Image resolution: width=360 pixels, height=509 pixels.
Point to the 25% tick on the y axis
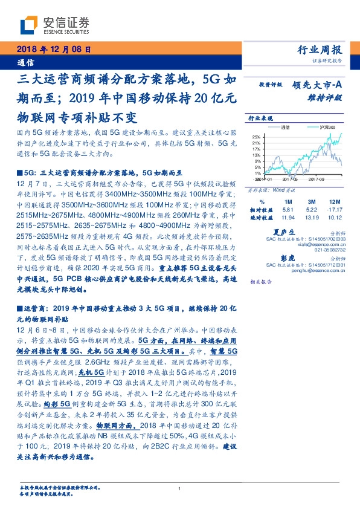coord(257,137)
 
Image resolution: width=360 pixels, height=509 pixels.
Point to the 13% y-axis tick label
coord(257,155)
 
